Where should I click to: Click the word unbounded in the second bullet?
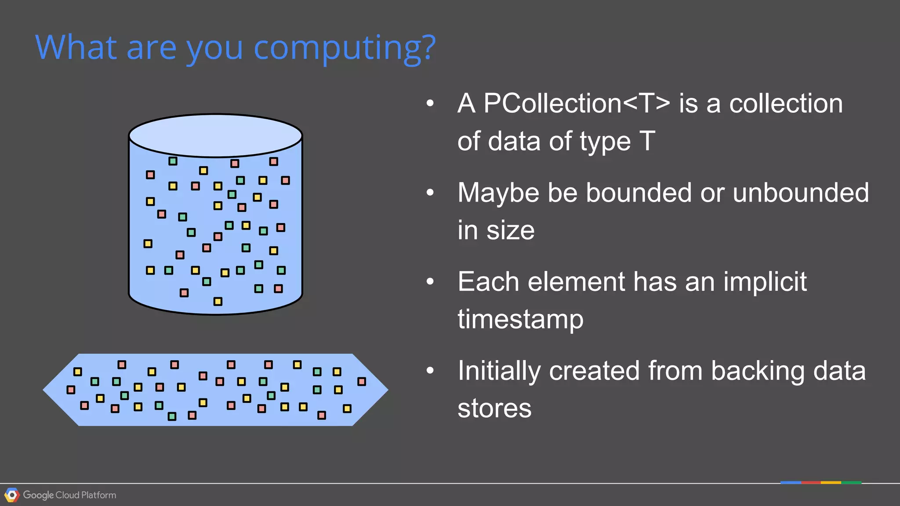[801, 193]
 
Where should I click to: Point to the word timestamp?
[520, 319]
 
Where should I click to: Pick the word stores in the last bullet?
[494, 408]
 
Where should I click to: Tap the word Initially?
[499, 371]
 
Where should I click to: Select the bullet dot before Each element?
[430, 282]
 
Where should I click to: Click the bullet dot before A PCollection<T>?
[430, 104]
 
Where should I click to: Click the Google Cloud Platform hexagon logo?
[12, 495]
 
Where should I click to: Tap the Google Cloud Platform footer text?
[69, 495]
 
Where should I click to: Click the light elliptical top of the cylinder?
[215, 136]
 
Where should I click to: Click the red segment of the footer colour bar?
[811, 483]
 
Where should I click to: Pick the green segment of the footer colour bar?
[851, 483]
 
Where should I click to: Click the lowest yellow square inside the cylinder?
[218, 301]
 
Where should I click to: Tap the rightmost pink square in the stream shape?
[362, 381]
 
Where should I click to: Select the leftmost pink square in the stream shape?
[71, 390]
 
